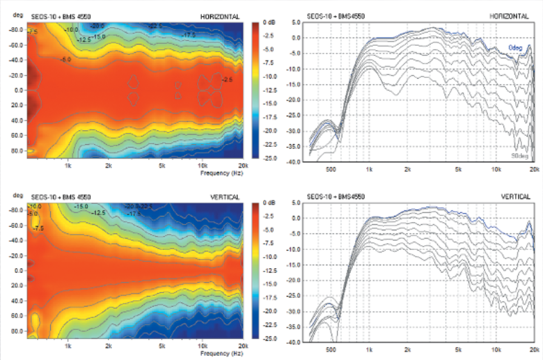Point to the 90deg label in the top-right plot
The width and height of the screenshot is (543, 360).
(521, 156)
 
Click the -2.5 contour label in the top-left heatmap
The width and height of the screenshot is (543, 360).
(227, 80)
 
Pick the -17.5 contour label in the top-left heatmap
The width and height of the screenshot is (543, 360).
(188, 34)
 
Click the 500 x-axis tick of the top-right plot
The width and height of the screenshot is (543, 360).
(333, 169)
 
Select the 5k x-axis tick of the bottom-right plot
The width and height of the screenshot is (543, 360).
(458, 350)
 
